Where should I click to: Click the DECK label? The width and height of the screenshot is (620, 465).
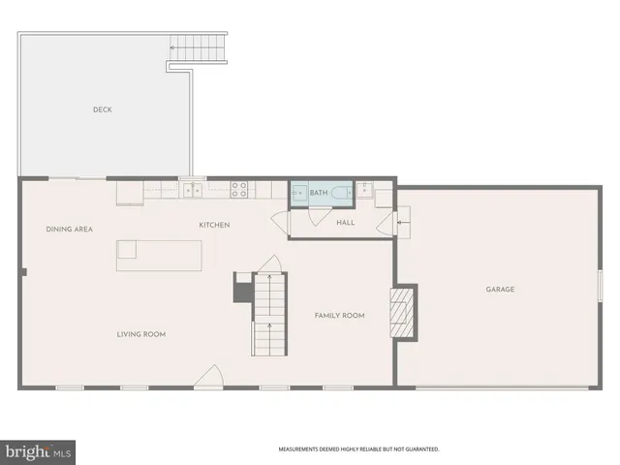[103, 109]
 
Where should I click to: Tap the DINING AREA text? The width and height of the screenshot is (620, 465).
[69, 229]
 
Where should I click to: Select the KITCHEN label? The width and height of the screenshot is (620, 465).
[214, 225]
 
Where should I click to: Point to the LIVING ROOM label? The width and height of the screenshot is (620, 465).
[141, 334]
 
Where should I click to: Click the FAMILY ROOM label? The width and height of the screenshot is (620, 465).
[339, 315]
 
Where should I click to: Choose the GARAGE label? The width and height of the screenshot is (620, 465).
[500, 289]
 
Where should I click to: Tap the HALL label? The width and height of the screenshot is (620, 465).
[346, 223]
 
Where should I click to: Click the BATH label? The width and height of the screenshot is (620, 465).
[319, 194]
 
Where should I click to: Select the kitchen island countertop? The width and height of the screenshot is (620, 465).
[160, 255]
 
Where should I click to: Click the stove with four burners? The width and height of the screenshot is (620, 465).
[240, 190]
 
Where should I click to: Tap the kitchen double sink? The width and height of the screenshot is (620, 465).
[193, 190]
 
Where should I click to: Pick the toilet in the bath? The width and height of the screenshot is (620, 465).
[340, 194]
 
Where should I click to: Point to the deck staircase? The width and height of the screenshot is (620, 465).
[197, 46]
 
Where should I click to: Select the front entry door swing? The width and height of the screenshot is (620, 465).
[207, 378]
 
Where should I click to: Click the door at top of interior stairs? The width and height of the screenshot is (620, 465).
[271, 264]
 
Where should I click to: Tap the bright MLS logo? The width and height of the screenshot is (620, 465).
[38, 451]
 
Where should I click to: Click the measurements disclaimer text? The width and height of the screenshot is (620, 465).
[359, 449]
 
